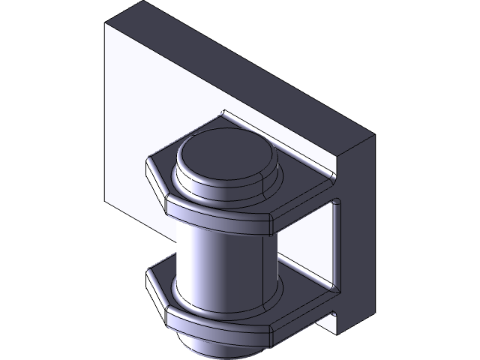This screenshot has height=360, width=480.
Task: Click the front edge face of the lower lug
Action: click(x=217, y=326)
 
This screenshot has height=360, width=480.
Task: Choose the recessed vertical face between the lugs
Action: click(x=307, y=240)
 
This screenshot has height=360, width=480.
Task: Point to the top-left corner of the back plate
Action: click(x=106, y=25)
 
